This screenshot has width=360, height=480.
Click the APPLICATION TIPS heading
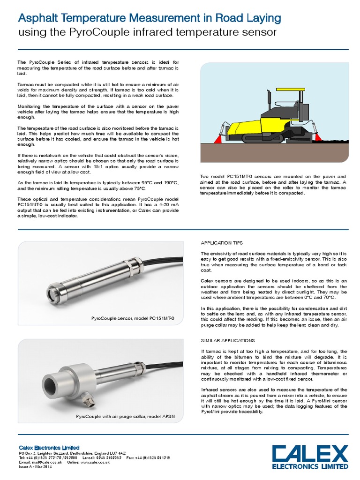click(222, 243)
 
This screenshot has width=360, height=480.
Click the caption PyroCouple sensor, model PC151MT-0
click(132, 318)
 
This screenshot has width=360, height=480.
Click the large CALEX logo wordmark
click(311, 453)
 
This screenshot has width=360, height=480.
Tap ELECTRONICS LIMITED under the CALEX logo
click(311, 467)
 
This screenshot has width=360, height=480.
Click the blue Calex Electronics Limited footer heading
click(49, 448)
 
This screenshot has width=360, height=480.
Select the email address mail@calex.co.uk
click(42, 462)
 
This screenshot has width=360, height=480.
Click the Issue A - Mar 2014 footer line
click(35, 467)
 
